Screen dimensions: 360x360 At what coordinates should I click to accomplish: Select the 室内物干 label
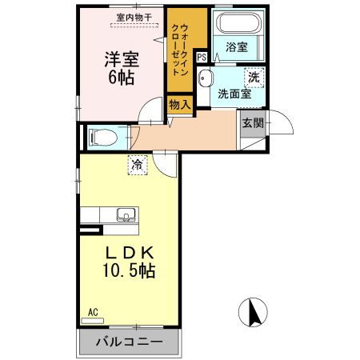tap(134, 16)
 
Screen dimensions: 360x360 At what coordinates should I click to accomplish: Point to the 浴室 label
tap(236, 47)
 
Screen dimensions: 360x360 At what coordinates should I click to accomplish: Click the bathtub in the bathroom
tap(236, 23)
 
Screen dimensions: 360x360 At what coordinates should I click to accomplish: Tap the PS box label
tap(201, 57)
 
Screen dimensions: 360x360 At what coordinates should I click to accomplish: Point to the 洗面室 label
tap(234, 94)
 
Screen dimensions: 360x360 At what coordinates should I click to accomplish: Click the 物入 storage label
tap(180, 103)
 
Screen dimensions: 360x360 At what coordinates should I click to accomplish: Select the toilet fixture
tap(103, 137)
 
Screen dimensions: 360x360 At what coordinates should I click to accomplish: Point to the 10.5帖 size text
tap(128, 271)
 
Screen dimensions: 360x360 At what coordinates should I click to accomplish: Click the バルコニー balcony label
tap(130, 342)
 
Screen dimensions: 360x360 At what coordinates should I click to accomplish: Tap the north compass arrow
tap(254, 311)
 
